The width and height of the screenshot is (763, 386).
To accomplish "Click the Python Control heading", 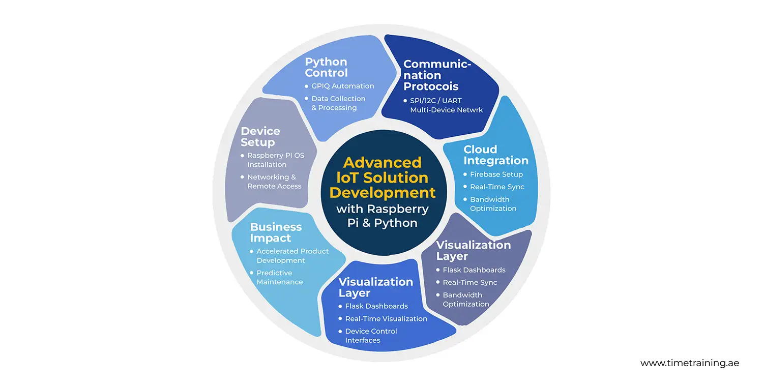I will [326, 67].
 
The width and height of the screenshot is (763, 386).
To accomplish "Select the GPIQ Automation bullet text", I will [342, 86].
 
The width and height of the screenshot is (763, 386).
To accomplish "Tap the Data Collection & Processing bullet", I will [338, 103].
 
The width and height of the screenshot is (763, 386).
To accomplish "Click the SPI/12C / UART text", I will [439, 101].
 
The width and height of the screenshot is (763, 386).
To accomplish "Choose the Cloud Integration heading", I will [495, 155].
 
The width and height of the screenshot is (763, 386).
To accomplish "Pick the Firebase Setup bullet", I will [496, 174].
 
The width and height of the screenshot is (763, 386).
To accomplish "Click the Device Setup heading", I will [260, 137].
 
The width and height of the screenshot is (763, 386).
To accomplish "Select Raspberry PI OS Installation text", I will [275, 160].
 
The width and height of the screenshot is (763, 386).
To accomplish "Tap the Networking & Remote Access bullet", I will [274, 182].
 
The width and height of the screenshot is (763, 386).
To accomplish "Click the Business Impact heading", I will [276, 232].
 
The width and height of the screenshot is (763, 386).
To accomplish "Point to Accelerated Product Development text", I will [292, 256].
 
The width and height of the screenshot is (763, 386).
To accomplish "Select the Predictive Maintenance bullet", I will [279, 277].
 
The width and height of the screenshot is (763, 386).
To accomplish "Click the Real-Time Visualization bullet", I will [386, 319].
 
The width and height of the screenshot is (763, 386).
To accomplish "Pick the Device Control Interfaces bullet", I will [370, 336].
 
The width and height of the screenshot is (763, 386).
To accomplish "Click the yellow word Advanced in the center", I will [382, 162].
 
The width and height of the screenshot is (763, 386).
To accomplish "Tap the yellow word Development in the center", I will [383, 193].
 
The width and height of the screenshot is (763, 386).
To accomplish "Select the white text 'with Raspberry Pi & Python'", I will [383, 216].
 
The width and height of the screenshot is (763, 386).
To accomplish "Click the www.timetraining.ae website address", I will [689, 363].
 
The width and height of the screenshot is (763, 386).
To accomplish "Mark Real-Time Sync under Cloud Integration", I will [496, 187].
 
